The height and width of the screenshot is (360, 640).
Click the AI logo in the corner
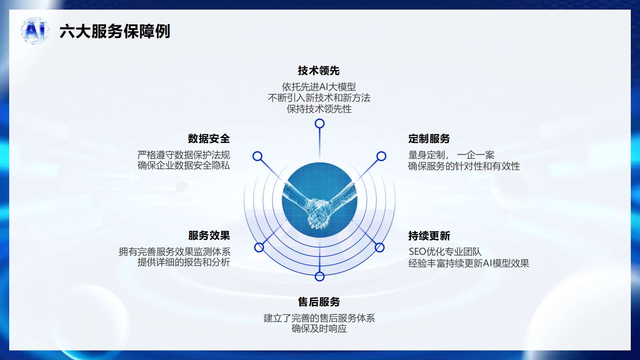pos(35,30)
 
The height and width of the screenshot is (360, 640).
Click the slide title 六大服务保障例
pos(115,31)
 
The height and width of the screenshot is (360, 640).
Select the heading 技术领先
pos(319,70)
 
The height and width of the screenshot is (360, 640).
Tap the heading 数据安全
pos(209,138)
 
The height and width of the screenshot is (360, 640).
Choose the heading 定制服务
pos(429,138)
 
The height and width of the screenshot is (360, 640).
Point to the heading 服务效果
pos(209,236)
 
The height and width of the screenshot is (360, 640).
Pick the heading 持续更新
pos(429,236)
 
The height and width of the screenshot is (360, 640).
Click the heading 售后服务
pos(319,302)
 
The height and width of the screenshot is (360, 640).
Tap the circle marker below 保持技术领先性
pos(320,124)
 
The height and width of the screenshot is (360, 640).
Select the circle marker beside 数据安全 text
pos(258,156)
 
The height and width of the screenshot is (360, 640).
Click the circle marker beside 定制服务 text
pos(382,156)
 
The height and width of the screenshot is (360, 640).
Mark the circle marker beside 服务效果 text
pos(259,248)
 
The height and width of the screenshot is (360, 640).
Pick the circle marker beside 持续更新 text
pos(380,248)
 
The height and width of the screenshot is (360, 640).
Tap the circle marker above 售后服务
pos(320,276)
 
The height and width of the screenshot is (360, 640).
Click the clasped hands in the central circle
pos(320,206)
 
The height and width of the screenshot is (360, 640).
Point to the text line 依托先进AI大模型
pos(319,86)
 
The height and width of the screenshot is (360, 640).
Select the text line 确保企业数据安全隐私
pos(184,166)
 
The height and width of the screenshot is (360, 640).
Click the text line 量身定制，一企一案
pos(451,155)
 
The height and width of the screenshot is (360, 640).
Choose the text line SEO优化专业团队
pos(445,252)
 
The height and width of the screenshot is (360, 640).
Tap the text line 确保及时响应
pos(319,328)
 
